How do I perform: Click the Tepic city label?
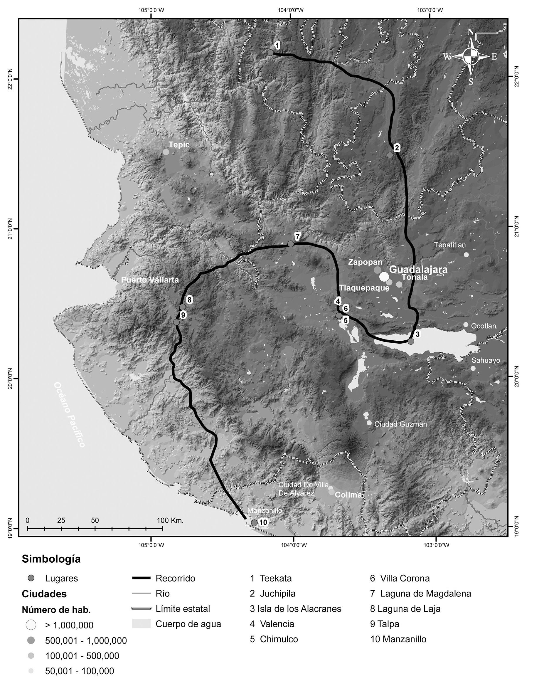coord(179,145)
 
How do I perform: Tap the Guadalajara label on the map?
coord(418,269)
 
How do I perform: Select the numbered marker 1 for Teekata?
coord(277,46)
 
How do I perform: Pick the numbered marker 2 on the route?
coord(397,147)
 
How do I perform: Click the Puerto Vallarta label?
coord(150,280)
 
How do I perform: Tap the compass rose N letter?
coord(470,32)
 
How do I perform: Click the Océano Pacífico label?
coord(69,415)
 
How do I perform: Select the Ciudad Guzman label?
coord(400,424)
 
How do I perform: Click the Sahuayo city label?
coord(486,360)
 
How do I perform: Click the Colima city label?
coord(348,495)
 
